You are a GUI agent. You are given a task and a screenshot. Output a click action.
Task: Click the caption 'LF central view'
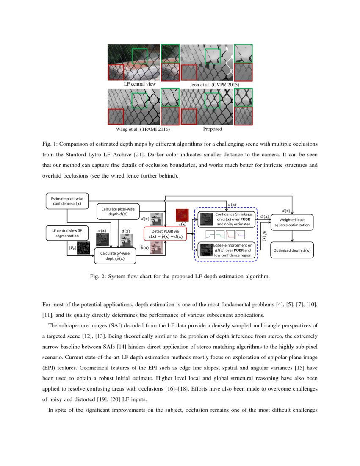point(140,84)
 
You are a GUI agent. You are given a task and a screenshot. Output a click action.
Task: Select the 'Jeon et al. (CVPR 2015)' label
point(215,85)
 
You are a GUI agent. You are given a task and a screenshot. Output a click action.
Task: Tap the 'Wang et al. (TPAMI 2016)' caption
point(135,129)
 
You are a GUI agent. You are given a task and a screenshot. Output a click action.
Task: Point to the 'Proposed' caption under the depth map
point(212,129)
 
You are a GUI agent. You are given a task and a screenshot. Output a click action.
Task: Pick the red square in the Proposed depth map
point(189,116)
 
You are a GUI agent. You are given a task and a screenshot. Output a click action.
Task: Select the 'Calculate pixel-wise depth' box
point(118,211)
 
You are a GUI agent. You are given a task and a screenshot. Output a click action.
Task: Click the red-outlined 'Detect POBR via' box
point(165,234)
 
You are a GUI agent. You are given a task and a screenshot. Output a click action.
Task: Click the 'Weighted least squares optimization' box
point(291,222)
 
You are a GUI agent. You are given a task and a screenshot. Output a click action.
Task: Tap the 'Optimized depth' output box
point(291,250)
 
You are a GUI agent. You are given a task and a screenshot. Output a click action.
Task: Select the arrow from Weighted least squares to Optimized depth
point(291,236)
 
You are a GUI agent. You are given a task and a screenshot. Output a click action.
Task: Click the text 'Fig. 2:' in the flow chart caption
point(99,277)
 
